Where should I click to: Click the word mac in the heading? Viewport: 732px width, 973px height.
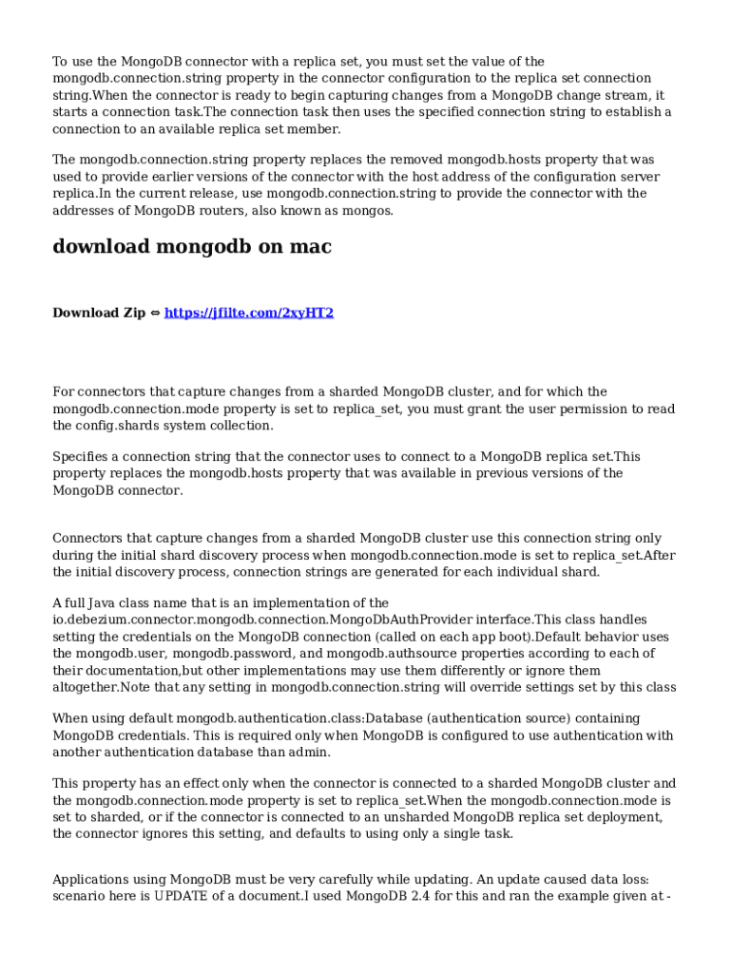[x=310, y=247]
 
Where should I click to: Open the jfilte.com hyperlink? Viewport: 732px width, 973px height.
[x=249, y=313]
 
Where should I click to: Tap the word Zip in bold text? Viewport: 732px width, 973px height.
[x=134, y=313]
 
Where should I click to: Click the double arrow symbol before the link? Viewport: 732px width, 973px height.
[x=156, y=313]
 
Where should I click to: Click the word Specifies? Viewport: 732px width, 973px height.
[x=84, y=457]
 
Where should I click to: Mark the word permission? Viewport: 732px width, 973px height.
[x=614, y=410]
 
